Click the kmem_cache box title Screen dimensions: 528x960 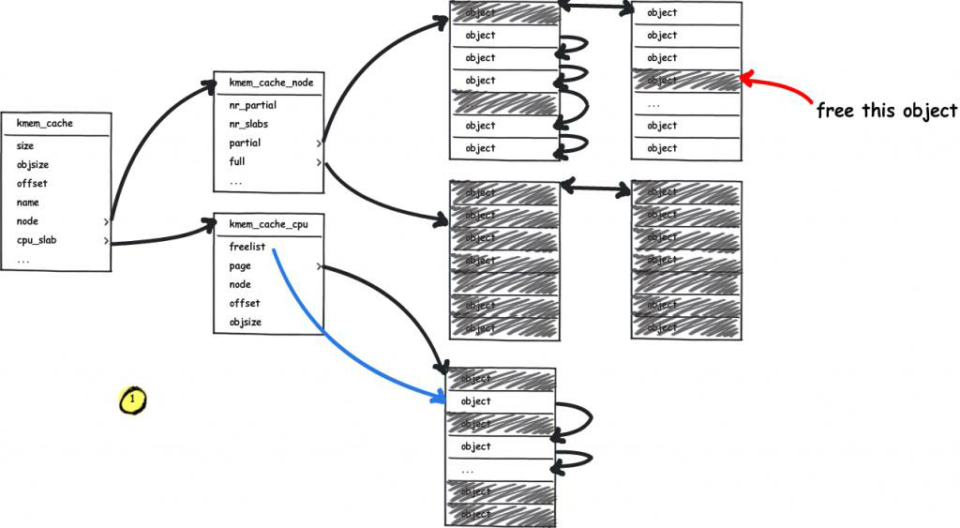click(x=44, y=123)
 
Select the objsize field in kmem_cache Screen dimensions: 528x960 click(x=33, y=164)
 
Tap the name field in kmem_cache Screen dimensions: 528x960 click(x=28, y=202)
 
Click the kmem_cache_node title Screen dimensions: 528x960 click(x=271, y=83)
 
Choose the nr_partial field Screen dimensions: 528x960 click(x=252, y=105)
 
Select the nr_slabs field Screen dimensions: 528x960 click(x=248, y=124)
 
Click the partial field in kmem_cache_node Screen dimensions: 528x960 click(x=245, y=143)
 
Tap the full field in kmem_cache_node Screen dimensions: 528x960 click(x=237, y=161)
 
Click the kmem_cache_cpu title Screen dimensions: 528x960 click(x=269, y=224)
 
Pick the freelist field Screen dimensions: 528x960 click(x=247, y=247)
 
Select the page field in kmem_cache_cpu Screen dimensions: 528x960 click(x=240, y=265)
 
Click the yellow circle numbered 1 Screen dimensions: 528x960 click(x=132, y=400)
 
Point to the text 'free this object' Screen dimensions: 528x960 click(x=886, y=111)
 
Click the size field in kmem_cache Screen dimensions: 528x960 click(x=25, y=145)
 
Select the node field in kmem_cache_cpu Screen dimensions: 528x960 click(x=240, y=284)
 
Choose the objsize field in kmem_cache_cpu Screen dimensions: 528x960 click(x=246, y=322)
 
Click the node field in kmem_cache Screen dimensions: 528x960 click(x=27, y=221)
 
